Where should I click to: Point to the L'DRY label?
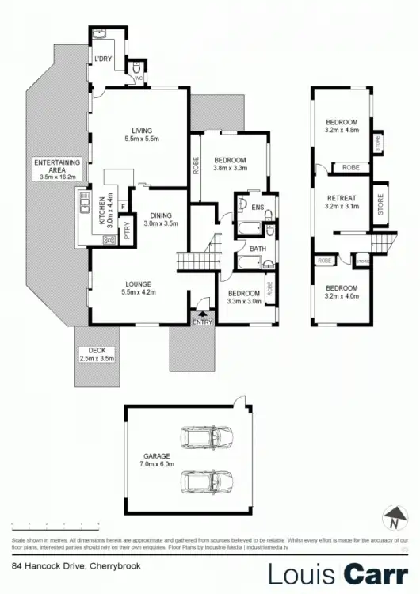pyautogui.click(x=103, y=60)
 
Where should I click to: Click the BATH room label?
pyautogui.click(x=258, y=248)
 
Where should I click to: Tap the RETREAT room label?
pyautogui.click(x=341, y=198)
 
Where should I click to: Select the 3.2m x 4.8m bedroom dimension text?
pyautogui.click(x=342, y=131)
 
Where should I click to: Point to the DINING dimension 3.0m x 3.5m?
pyautogui.click(x=161, y=224)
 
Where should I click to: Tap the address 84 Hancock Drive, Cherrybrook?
pyautogui.click(x=64, y=566)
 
